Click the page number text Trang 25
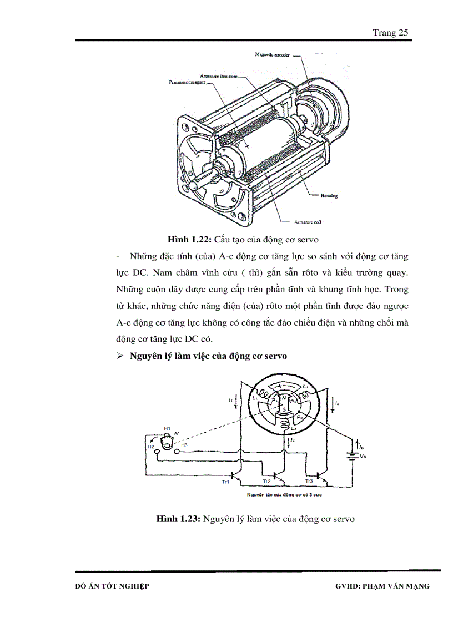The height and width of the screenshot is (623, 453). point(391,33)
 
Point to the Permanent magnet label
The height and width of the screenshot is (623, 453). point(187,82)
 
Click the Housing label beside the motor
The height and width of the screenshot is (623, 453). point(329,196)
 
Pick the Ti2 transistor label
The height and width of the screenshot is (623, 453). point(267,482)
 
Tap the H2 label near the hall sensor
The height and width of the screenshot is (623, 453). point(150,445)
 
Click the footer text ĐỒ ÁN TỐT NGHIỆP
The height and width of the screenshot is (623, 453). point(112,586)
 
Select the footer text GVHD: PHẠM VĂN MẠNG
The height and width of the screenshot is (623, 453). point(382,586)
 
